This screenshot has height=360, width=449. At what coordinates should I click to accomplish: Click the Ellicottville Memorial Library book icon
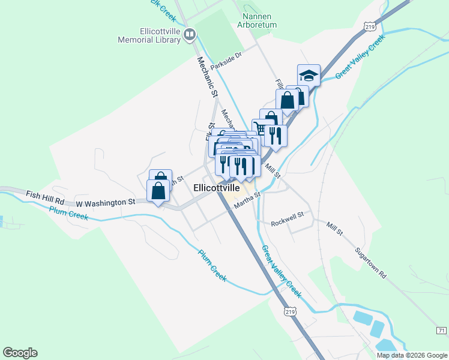(190, 35)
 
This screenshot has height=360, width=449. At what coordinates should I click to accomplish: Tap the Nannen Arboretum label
(259, 21)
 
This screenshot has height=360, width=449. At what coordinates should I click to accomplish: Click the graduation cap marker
(309, 75)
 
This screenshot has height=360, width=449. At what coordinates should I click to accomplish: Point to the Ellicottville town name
(217, 188)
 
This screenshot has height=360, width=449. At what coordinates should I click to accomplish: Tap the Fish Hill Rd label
(45, 194)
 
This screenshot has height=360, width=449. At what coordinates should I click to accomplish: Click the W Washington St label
(106, 203)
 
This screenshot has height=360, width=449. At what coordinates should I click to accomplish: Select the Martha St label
(247, 199)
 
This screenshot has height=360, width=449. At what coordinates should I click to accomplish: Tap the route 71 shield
(441, 331)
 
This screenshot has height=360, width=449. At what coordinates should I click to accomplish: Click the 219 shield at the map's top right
(370, 26)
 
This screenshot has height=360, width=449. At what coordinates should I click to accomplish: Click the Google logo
(20, 353)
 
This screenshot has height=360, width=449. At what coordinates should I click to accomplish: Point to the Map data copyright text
(412, 355)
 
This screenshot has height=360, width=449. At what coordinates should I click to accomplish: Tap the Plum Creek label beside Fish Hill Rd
(68, 212)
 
